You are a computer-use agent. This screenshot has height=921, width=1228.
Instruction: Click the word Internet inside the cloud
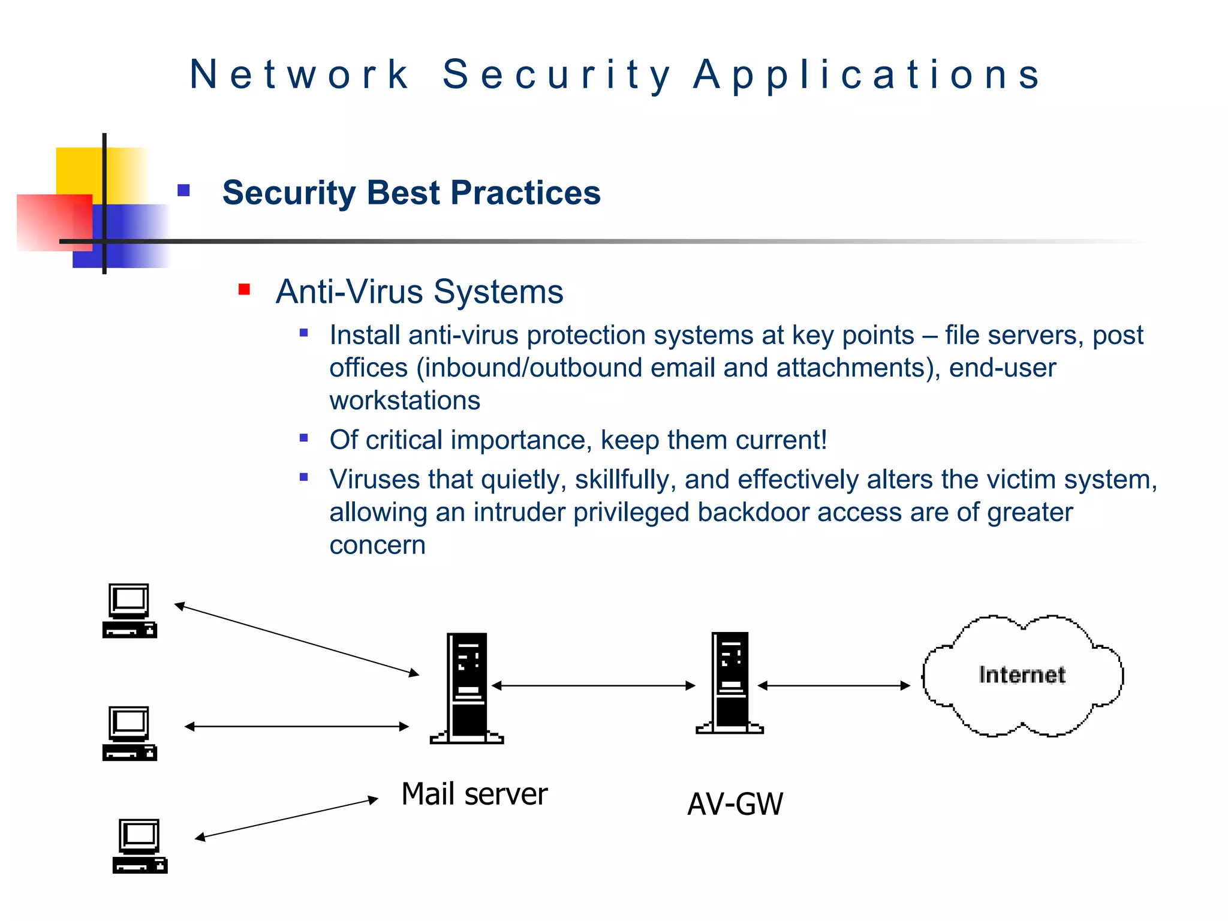pos(1022,675)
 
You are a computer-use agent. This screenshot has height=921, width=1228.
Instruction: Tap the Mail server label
pos(474,794)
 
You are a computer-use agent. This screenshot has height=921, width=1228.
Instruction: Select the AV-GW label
pos(735,804)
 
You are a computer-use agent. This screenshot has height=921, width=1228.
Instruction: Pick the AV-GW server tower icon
pos(730,683)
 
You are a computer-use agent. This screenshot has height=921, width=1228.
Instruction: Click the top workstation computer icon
pos(130,610)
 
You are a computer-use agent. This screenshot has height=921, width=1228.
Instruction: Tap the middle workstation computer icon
pos(130,733)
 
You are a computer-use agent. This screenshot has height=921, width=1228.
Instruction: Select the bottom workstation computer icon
pos(140,846)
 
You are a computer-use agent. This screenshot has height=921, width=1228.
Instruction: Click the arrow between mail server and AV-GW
pos(593,685)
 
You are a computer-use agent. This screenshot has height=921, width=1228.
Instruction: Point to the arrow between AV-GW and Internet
pos(833,685)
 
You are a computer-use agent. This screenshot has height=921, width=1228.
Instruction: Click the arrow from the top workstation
pos(297,640)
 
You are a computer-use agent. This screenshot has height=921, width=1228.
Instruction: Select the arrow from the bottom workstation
pos(287,818)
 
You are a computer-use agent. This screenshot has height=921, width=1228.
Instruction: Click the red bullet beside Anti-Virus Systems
pos(244,290)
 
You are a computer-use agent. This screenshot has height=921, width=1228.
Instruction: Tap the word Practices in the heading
pos(525,193)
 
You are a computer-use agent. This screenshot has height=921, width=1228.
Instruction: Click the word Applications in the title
pos(867,75)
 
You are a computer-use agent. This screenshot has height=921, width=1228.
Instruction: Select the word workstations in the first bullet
pos(405,401)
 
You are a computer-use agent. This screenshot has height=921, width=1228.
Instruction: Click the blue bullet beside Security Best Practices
pos(184,191)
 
